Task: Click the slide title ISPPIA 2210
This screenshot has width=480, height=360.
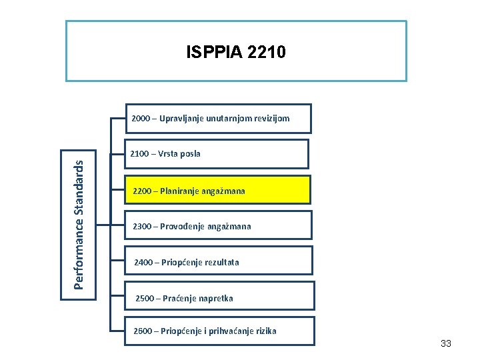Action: click(x=236, y=52)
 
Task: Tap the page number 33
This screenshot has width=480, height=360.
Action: click(x=446, y=343)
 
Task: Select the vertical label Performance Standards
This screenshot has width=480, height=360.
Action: click(x=79, y=218)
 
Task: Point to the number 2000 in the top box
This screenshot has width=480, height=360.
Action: click(x=141, y=119)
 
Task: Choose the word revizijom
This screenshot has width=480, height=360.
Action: click(x=269, y=119)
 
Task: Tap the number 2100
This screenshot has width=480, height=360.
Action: click(x=140, y=154)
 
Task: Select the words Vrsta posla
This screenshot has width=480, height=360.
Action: click(x=181, y=154)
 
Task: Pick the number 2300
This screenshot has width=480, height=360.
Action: click(x=142, y=227)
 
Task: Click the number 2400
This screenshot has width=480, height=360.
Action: click(x=143, y=263)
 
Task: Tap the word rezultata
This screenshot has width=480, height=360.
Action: click(x=217, y=263)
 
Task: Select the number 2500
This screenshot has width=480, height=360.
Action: click(x=145, y=299)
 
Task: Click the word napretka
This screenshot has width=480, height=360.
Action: click(x=214, y=299)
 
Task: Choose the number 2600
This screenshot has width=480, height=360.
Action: click(x=143, y=331)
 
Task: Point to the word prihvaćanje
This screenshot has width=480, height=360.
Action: click(x=230, y=331)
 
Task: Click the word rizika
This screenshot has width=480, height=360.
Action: click(x=266, y=331)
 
